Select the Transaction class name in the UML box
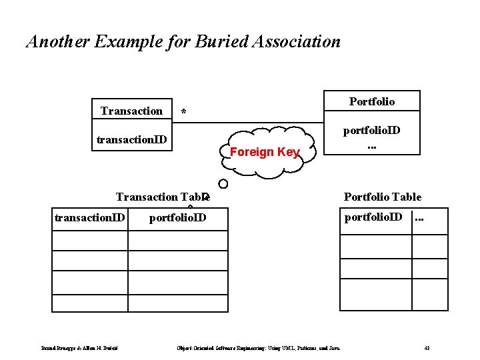pyautogui.click(x=131, y=111)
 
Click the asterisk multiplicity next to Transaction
pyautogui.click(x=184, y=113)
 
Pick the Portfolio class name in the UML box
pyautogui.click(x=372, y=101)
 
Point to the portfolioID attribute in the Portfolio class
pyautogui.click(x=372, y=130)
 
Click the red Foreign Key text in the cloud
pyautogui.click(x=265, y=152)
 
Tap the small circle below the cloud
pyautogui.click(x=223, y=183)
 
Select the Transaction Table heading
pyautogui.click(x=163, y=197)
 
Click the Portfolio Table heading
pyautogui.click(x=383, y=197)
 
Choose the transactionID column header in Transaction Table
pyautogui.click(x=89, y=217)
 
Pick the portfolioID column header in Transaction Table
pyautogui.click(x=177, y=217)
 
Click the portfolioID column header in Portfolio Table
pyautogui.click(x=374, y=217)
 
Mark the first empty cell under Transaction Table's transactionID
pyautogui.click(x=89, y=240)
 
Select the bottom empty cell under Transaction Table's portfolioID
pyautogui.click(x=177, y=303)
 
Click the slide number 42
pyautogui.click(x=427, y=348)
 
